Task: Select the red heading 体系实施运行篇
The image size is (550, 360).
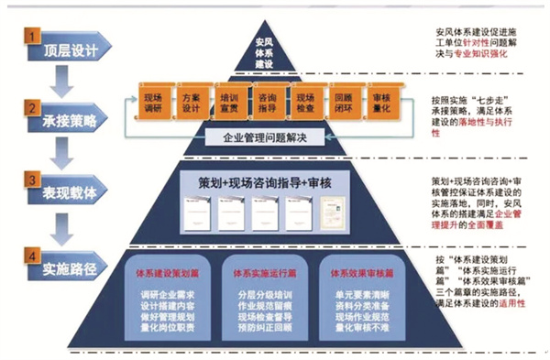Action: (x=266, y=272)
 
